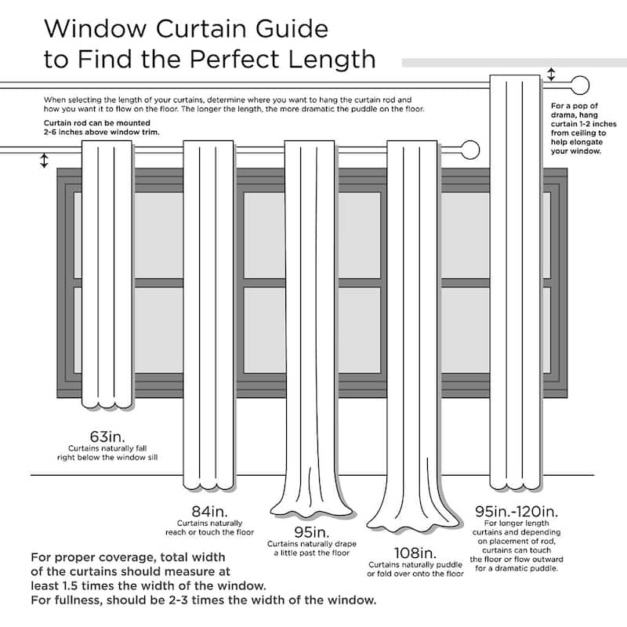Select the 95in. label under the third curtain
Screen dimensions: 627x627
[310, 532]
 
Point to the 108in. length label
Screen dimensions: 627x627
[415, 553]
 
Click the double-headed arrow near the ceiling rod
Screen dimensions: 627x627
[551, 74]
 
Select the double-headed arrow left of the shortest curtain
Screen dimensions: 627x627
[44, 161]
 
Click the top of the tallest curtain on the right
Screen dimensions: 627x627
[514, 79]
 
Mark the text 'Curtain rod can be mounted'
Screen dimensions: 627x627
[87, 124]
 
